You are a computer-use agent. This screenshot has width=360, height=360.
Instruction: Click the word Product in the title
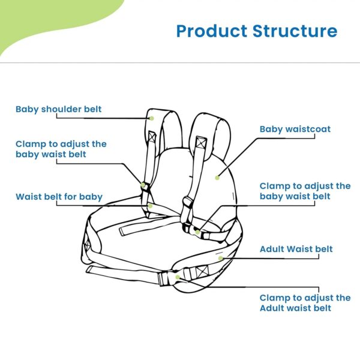212,31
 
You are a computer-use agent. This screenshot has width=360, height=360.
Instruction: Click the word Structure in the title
295,31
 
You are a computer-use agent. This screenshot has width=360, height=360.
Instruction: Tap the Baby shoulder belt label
59,109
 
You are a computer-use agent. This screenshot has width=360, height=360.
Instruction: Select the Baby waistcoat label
295,129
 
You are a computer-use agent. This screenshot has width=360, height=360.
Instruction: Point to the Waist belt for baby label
59,197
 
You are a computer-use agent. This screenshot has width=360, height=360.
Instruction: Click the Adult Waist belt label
296,249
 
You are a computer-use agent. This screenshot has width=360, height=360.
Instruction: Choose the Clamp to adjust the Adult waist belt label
305,303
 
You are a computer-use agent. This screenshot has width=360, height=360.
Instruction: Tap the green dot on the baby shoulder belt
152,118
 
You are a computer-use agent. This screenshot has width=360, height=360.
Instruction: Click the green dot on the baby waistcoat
217,178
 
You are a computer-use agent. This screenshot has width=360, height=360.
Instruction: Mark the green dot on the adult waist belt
221,259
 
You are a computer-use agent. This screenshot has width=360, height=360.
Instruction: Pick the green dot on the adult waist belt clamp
178,277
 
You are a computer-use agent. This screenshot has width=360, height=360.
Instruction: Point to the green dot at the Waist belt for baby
150,206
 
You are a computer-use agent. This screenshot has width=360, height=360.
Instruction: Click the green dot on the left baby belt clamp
143,185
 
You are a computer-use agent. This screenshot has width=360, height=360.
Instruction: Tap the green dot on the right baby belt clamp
197,232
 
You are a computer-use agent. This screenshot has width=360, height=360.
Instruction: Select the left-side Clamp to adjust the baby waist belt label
61,149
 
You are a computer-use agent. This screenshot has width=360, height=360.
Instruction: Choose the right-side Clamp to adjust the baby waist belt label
305,191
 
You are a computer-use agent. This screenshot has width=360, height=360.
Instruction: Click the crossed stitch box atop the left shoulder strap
152,136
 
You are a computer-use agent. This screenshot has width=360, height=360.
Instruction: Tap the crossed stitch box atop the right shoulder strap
201,142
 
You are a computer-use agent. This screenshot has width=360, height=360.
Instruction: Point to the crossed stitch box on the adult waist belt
202,272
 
